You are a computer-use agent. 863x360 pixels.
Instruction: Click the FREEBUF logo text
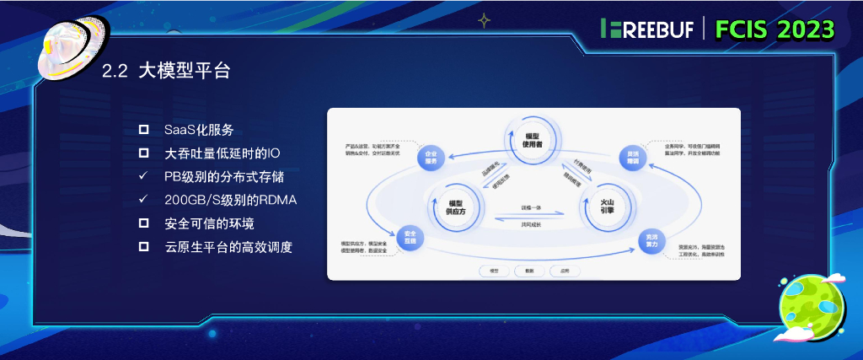(x=648, y=29)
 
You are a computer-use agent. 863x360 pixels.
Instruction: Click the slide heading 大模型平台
(x=184, y=71)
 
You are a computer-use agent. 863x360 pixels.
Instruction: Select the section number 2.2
(x=114, y=72)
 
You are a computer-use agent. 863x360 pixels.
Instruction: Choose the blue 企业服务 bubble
(x=431, y=156)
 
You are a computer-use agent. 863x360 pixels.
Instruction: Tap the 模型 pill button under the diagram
(x=494, y=271)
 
